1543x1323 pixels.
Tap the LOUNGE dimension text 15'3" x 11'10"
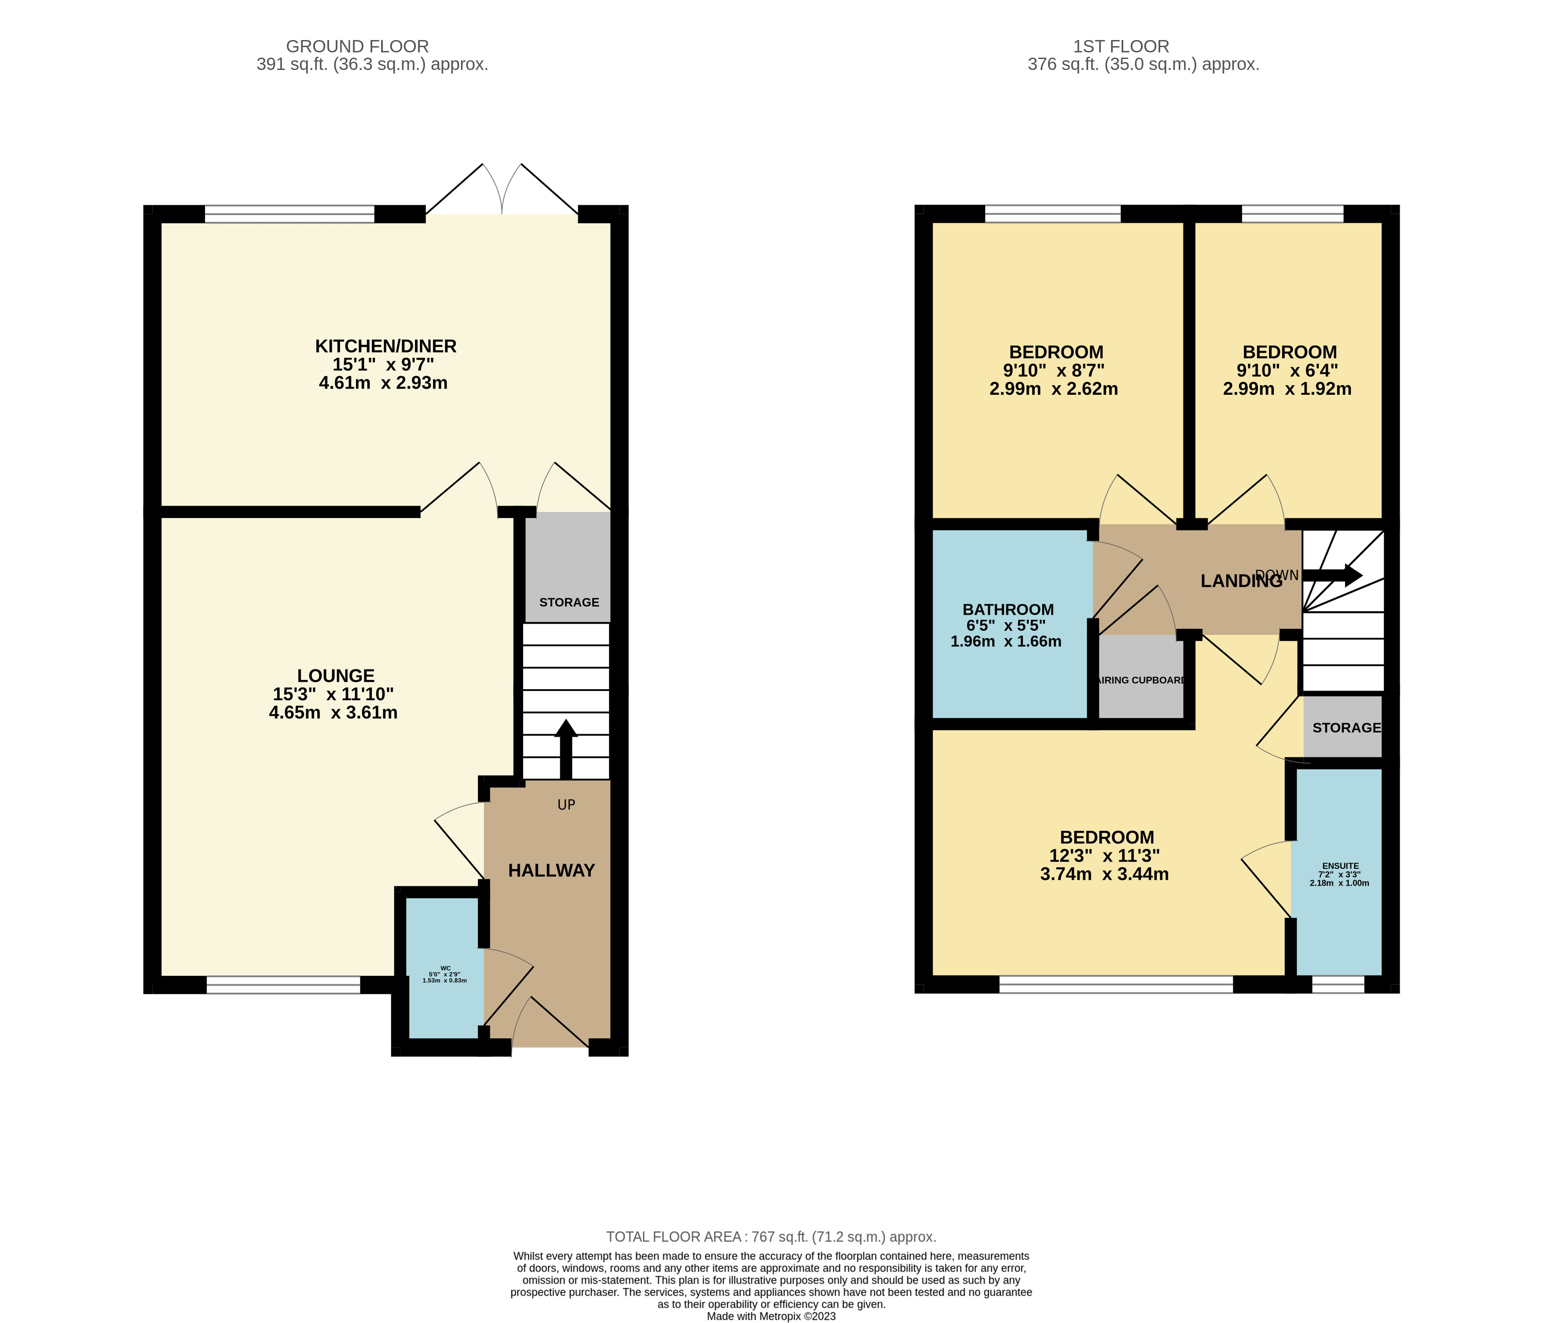click(333, 694)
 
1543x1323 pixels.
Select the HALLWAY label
click(551, 870)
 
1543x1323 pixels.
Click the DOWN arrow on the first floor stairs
click(1334, 575)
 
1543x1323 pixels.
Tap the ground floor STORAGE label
click(569, 602)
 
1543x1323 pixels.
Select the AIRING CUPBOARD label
click(1142, 680)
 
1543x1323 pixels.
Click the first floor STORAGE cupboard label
click(1345, 728)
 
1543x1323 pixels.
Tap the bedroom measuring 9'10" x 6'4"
click(1289, 370)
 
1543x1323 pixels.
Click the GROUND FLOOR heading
click(357, 46)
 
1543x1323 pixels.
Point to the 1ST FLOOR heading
click(1121, 46)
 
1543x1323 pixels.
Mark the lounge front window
click(283, 985)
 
